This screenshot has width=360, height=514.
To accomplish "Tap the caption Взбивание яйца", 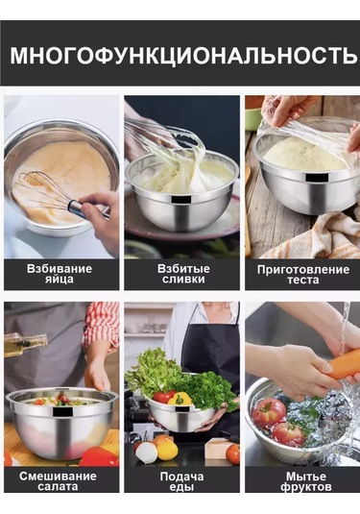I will (60, 274).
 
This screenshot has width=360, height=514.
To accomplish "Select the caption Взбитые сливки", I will (180, 274).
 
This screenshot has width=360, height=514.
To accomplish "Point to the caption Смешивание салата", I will (60, 480).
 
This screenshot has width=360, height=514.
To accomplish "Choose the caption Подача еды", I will (180, 480).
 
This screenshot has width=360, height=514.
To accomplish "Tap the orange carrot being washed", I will (342, 364).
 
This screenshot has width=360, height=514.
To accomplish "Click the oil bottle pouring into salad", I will (24, 343).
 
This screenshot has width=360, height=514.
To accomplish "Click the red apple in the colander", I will (269, 411).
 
